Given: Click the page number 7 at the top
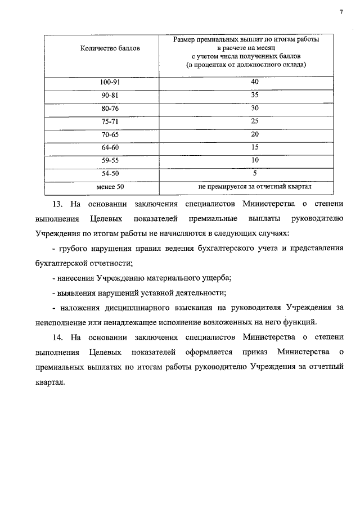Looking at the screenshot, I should (x=340, y=12).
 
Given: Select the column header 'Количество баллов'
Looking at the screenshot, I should (x=110, y=49).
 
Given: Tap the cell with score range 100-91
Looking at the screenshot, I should (x=110, y=82).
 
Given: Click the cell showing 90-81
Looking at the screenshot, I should (x=110, y=95).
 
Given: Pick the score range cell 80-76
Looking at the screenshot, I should (x=110, y=108).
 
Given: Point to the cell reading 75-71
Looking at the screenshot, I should (x=110, y=121).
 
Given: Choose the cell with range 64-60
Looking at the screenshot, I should (x=110, y=147).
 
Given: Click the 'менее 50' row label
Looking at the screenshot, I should (x=110, y=186).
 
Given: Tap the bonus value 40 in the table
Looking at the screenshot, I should (x=255, y=82).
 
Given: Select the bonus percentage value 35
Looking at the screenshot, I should (x=255, y=94).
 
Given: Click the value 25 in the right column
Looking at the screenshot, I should (x=255, y=120).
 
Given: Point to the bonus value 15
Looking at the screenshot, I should (x=255, y=147).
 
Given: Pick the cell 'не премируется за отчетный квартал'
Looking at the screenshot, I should (x=255, y=186).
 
